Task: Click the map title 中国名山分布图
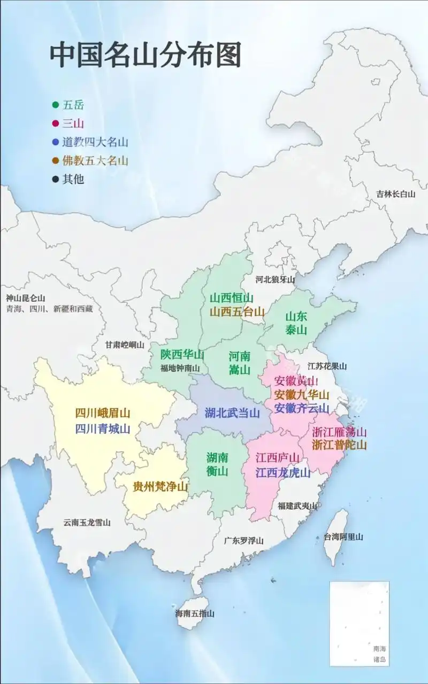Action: [x=146, y=56]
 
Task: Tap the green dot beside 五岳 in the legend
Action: [x=56, y=105]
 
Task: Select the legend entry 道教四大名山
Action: [x=95, y=142]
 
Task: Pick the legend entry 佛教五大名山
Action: [x=95, y=160]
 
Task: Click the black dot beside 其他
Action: [x=56, y=179]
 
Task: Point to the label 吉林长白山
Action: [x=395, y=194]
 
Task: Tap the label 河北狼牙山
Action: [x=275, y=279]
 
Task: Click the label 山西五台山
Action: [x=236, y=312]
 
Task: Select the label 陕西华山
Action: [x=182, y=354]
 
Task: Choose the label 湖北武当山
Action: [x=232, y=413]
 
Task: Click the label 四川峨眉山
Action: [x=103, y=413]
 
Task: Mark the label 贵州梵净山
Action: [x=160, y=487]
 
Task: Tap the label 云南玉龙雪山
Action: [x=87, y=523]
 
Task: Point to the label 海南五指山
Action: [x=195, y=614]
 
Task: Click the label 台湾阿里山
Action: [x=343, y=537]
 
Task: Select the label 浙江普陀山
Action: [x=339, y=445]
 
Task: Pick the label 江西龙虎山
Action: [x=282, y=473]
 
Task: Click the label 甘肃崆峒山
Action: [x=125, y=345]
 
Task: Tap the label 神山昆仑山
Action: [x=26, y=298]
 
